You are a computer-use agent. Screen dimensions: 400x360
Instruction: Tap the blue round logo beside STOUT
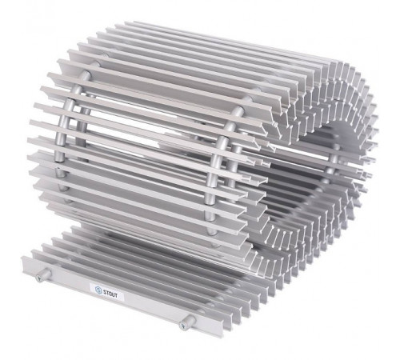click(98, 290)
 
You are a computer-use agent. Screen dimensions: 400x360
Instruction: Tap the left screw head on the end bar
click(40, 278)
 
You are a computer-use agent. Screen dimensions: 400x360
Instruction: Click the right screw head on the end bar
click(182, 326)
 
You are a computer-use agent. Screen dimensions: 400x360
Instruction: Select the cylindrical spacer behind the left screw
click(46, 274)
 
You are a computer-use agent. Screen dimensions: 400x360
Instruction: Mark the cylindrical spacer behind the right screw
click(189, 321)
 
